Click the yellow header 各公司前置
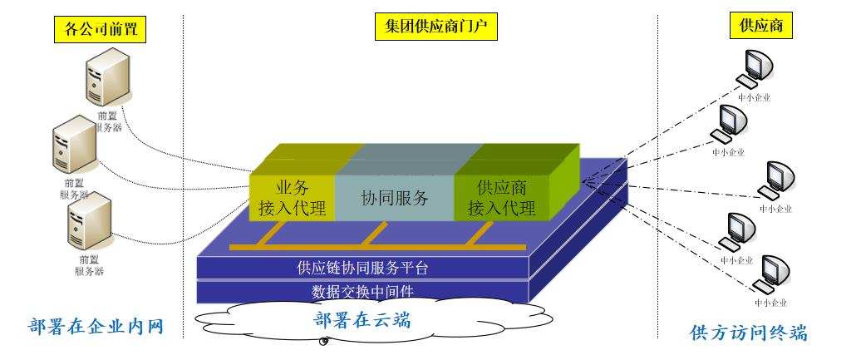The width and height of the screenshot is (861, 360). pyautogui.click(x=100, y=30)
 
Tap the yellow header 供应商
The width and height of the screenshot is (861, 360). pyautogui.click(x=760, y=27)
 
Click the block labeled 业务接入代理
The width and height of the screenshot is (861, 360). pyautogui.click(x=292, y=198)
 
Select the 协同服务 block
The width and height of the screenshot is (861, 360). pyautogui.click(x=394, y=199)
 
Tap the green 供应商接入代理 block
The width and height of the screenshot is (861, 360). pyautogui.click(x=500, y=198)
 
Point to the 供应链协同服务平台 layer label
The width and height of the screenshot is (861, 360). pyautogui.click(x=362, y=268)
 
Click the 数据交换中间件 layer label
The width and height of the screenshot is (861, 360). pyautogui.click(x=362, y=292)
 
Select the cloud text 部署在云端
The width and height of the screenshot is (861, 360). pyautogui.click(x=363, y=320)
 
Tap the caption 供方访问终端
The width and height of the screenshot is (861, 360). pyautogui.click(x=749, y=333)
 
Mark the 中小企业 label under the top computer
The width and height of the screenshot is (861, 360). pyautogui.click(x=755, y=96)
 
